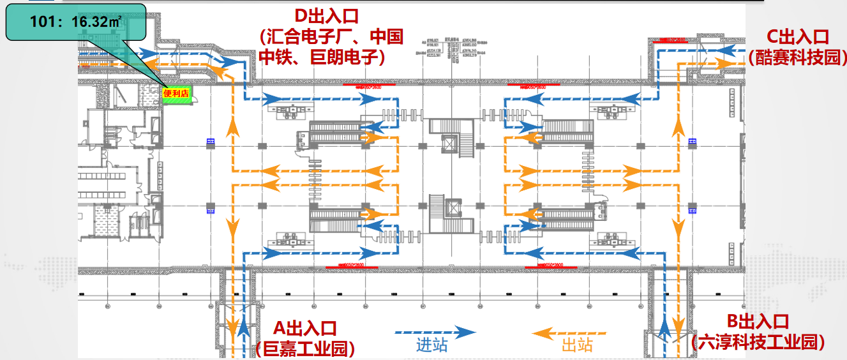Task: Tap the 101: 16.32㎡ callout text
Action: coord(76,22)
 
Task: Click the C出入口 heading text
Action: coord(797,37)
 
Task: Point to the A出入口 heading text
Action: coord(304,329)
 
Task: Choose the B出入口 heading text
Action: coord(758,322)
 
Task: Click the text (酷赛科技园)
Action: coord(797,57)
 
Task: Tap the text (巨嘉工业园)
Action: coord(305,349)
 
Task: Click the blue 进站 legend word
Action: coord(432,345)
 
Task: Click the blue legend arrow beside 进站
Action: coord(435,332)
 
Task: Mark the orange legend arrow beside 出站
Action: coord(569,333)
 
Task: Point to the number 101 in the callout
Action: coord(41,22)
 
